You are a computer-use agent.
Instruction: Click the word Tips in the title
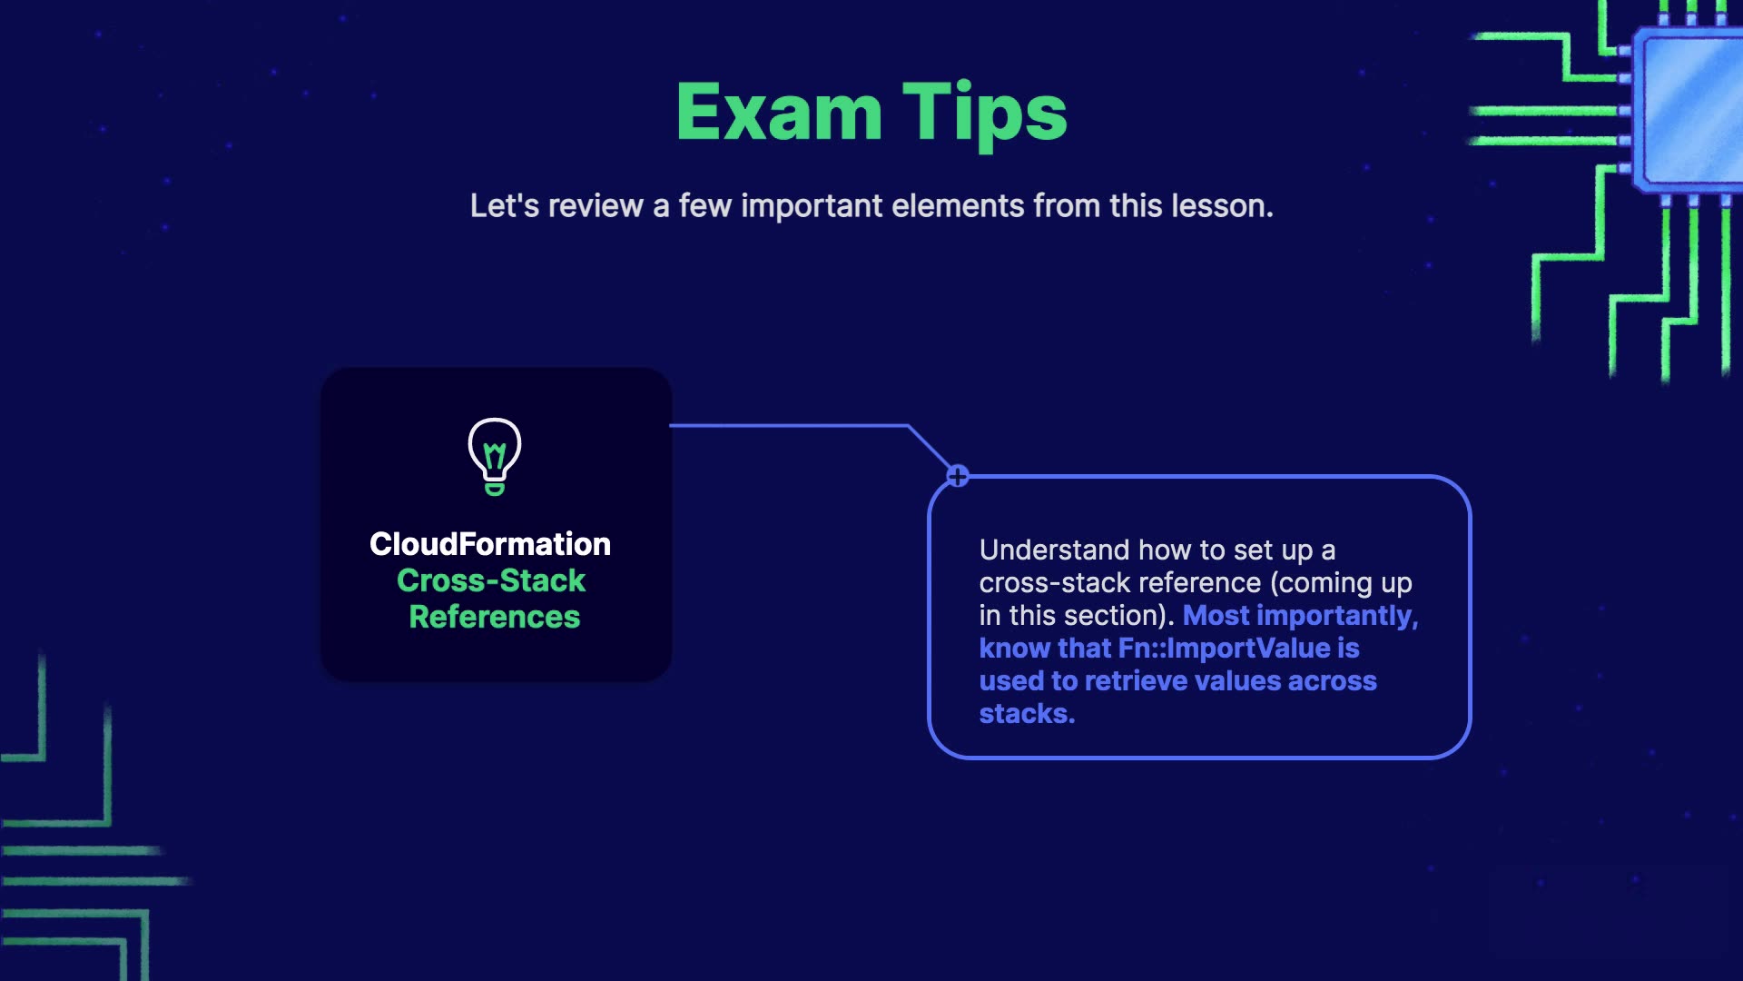tap(985, 115)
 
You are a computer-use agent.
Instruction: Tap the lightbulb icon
tap(495, 457)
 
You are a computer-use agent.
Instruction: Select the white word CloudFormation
tap(490, 544)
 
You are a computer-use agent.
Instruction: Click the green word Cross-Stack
tap(491, 580)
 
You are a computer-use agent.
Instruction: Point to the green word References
tap(495, 617)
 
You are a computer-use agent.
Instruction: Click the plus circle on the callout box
tap(958, 476)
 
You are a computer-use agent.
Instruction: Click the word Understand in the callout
tap(1055, 550)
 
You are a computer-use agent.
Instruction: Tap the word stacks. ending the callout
tap(1027, 714)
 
